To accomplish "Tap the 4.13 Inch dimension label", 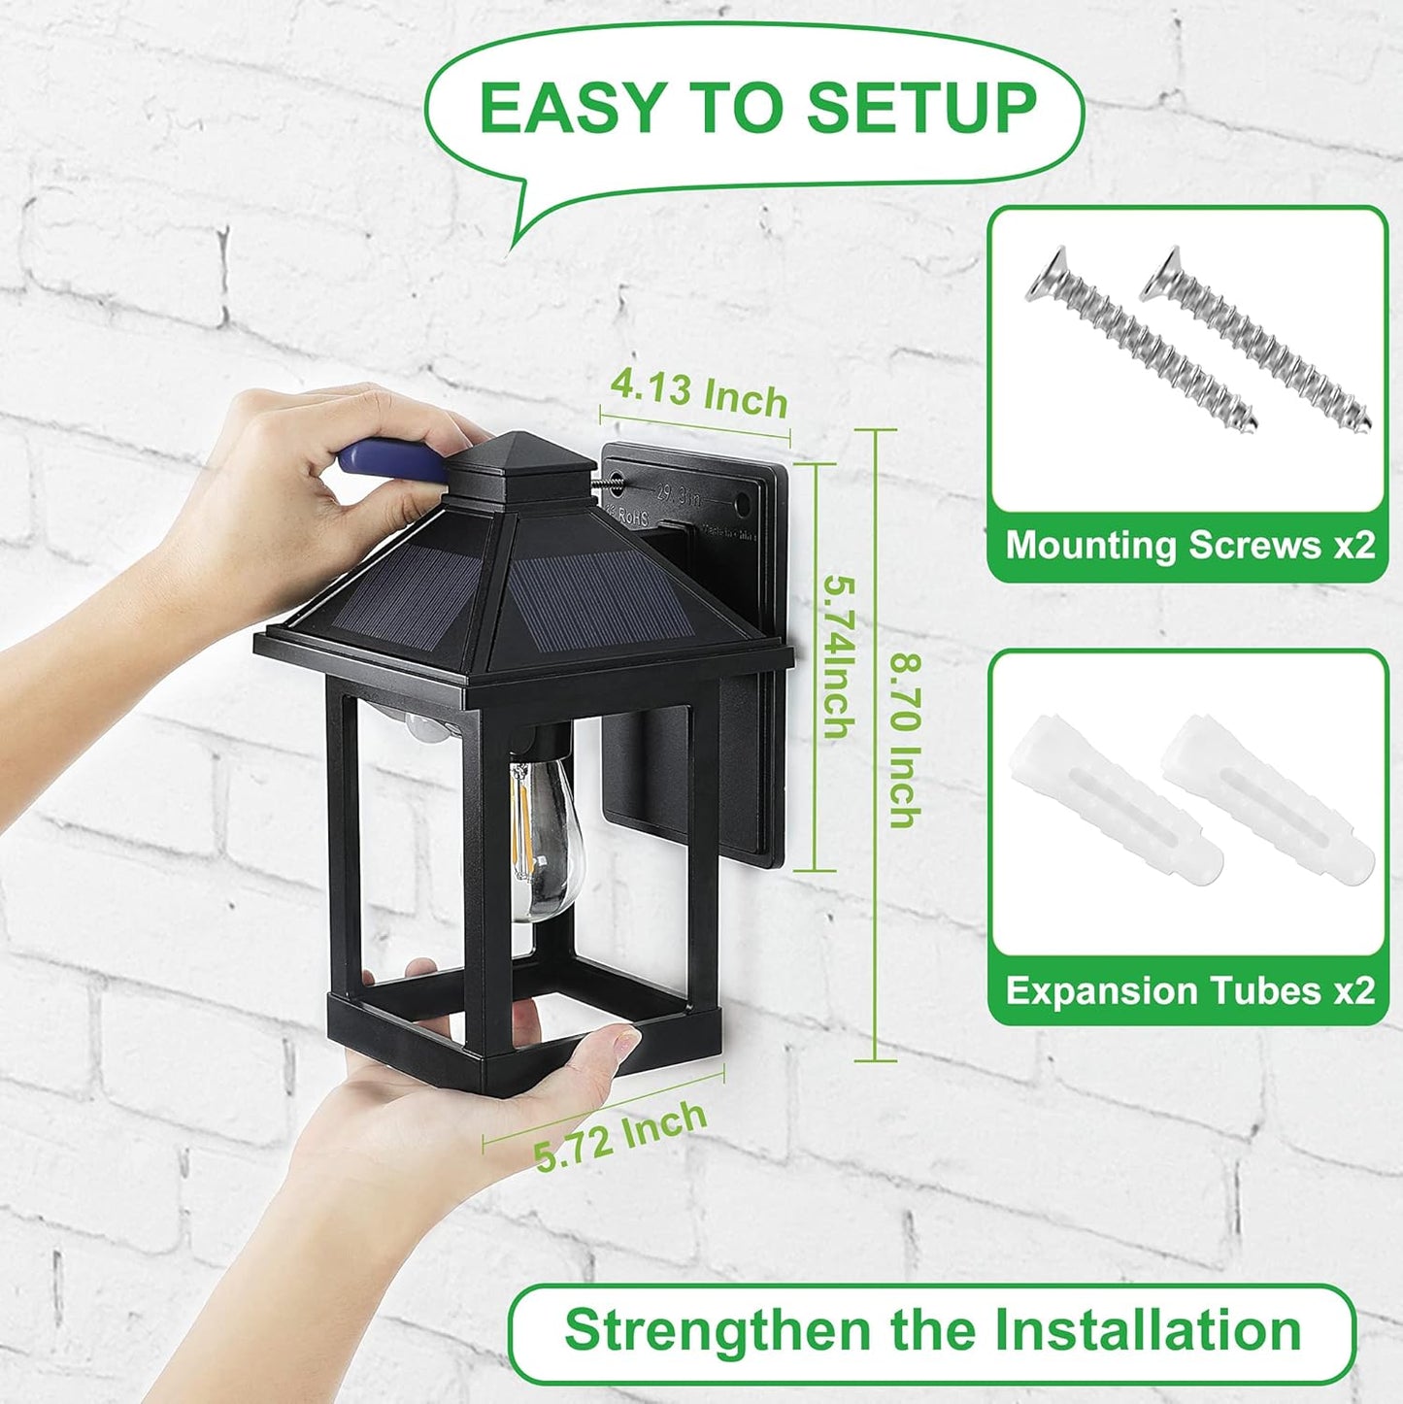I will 699,392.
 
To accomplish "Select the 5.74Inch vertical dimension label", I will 838,657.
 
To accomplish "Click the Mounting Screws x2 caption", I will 1189,546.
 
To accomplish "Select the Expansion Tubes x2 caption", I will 1189,991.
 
